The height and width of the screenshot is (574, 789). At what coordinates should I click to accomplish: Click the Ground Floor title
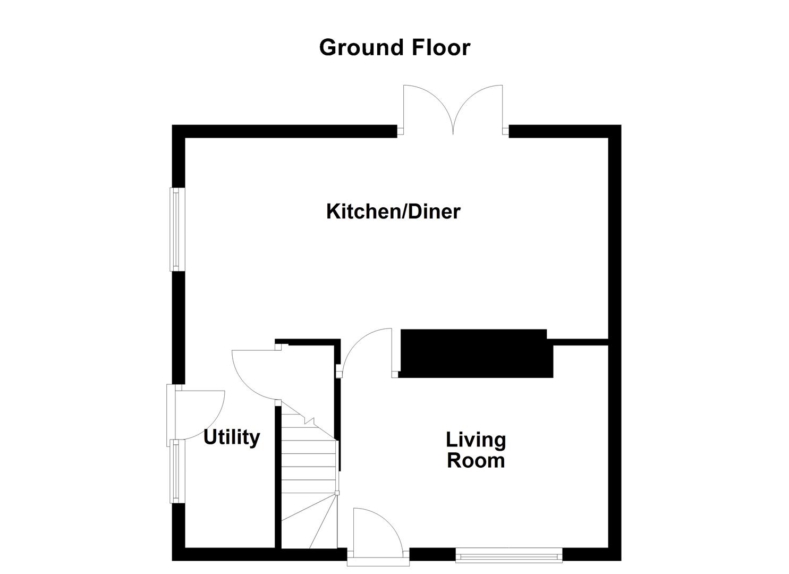[394, 47]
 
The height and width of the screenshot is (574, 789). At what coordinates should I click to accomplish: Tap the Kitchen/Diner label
[393, 212]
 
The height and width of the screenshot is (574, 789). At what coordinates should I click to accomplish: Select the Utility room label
[232, 437]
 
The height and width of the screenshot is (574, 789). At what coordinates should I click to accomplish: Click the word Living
[476, 440]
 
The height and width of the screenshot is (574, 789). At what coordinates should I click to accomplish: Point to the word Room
[476, 460]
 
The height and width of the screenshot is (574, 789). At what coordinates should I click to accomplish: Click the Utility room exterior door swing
[199, 412]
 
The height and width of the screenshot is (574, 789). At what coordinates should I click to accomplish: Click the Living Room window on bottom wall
[509, 556]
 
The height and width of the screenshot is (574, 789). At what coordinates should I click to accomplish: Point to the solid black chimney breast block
[476, 353]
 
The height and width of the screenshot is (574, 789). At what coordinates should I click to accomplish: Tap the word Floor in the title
[440, 47]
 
